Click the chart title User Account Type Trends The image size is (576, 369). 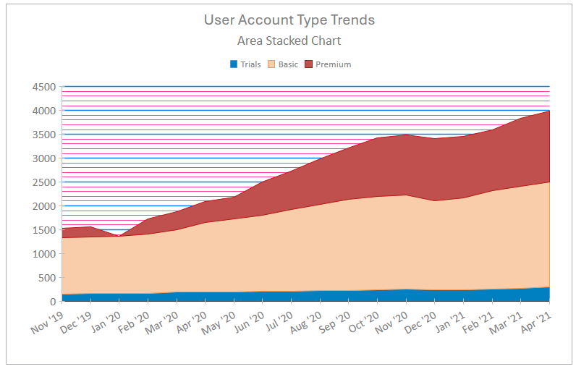tap(289, 20)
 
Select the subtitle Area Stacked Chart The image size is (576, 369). tap(289, 41)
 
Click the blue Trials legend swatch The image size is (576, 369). tap(234, 64)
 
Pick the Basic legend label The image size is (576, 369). tap(288, 64)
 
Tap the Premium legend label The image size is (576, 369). tap(333, 64)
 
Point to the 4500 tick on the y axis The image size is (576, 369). tap(44, 87)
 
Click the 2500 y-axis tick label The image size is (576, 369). tap(44, 182)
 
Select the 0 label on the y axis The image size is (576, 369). tap(52, 302)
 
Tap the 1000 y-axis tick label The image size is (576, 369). tap(44, 254)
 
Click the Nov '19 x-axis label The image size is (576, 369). tap(48, 322)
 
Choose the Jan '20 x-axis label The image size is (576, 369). tap(105, 322)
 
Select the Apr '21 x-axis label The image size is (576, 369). tap(535, 322)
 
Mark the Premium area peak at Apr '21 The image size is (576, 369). tap(549, 111)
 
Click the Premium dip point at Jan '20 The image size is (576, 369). tap(119, 236)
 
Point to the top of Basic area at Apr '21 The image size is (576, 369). tap(549, 182)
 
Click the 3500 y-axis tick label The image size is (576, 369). tap(44, 135)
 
